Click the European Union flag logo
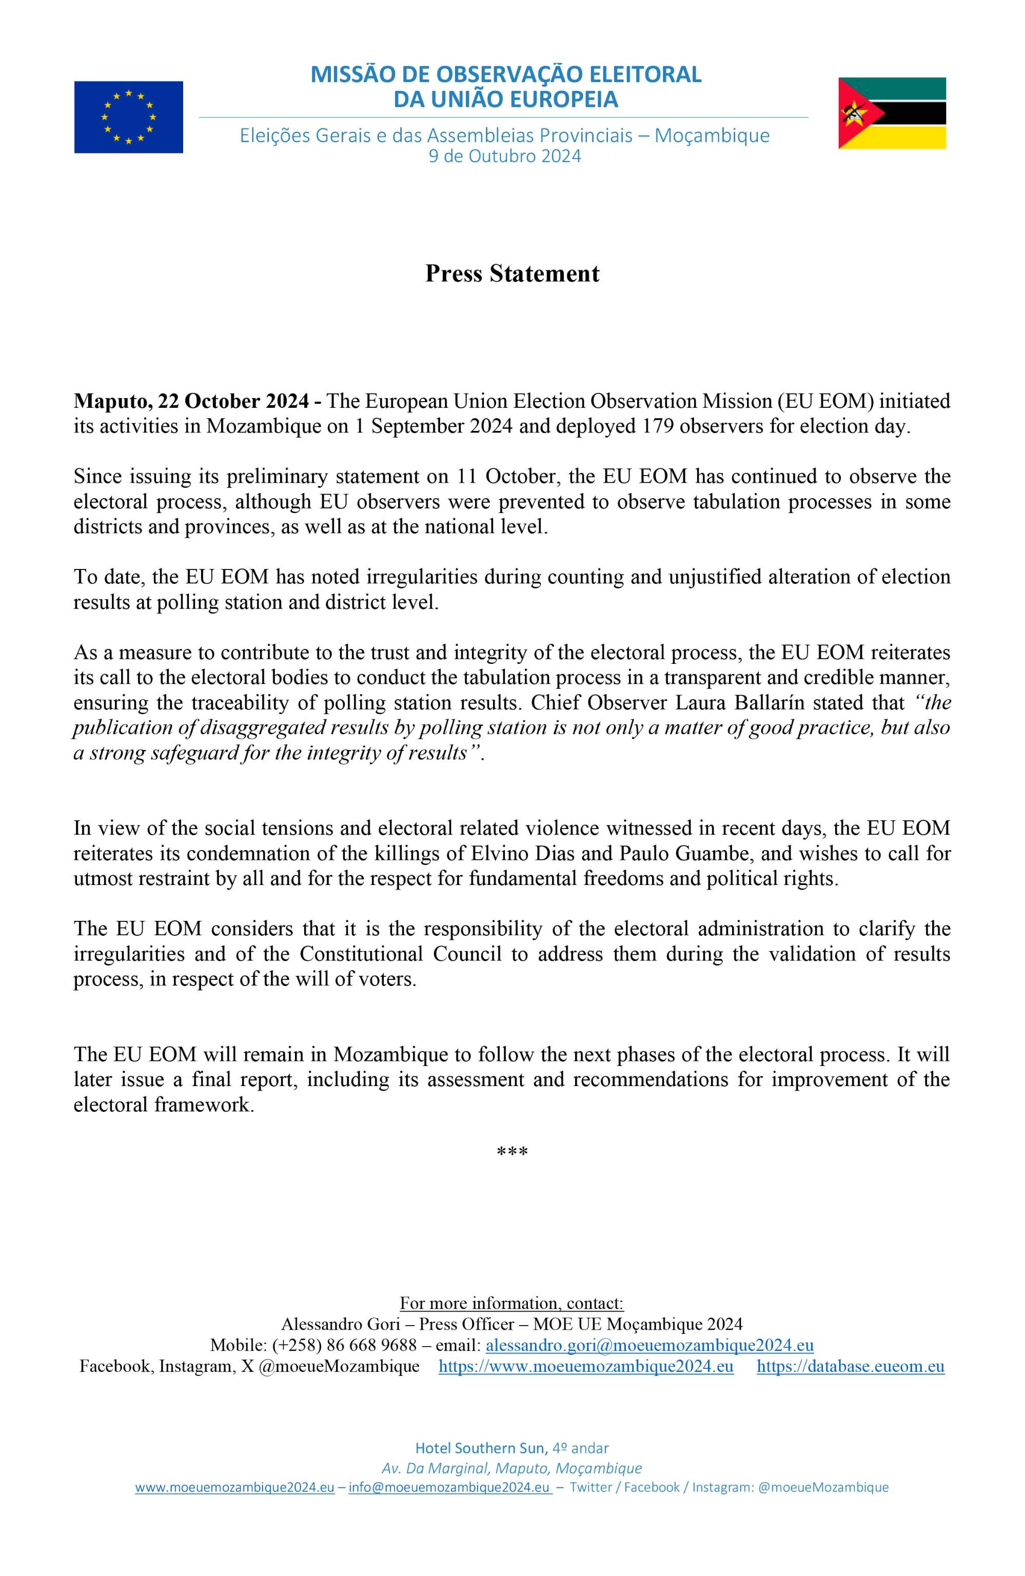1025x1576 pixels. [128, 117]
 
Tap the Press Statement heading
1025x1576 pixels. [512, 273]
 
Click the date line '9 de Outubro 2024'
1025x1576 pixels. [505, 156]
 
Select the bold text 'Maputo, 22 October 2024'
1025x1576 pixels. [191, 401]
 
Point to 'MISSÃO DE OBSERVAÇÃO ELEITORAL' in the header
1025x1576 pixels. [506, 74]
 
